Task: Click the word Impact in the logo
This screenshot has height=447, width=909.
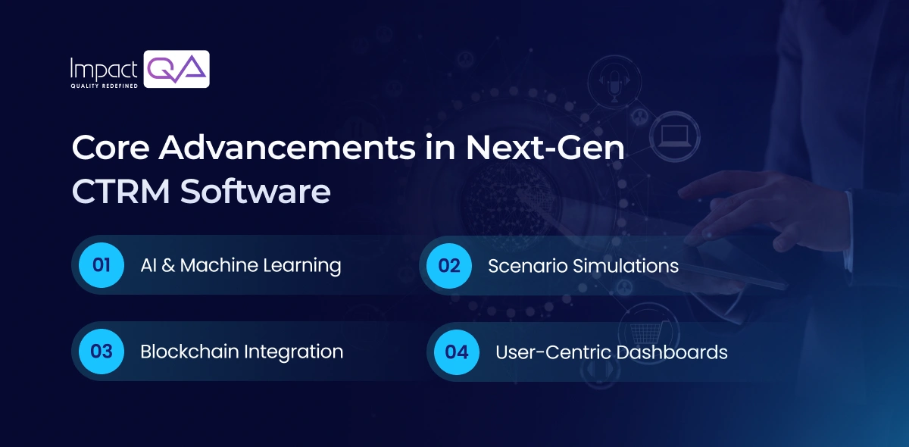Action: (x=103, y=70)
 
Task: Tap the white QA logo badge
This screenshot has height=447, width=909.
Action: (x=176, y=69)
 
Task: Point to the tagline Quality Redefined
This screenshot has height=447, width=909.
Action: (x=103, y=86)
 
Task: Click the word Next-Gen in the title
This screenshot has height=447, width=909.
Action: (x=545, y=148)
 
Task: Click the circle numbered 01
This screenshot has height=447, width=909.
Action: (x=102, y=265)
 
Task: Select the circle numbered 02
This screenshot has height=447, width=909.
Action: (x=449, y=266)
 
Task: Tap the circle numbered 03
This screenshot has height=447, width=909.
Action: (x=102, y=352)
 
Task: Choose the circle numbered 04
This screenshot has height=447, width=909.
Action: (x=457, y=352)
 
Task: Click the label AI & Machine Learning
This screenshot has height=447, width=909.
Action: (x=240, y=266)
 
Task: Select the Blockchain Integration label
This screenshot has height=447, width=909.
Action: (x=242, y=352)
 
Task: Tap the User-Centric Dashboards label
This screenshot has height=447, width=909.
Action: (x=611, y=352)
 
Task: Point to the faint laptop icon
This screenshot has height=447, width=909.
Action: (x=672, y=136)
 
